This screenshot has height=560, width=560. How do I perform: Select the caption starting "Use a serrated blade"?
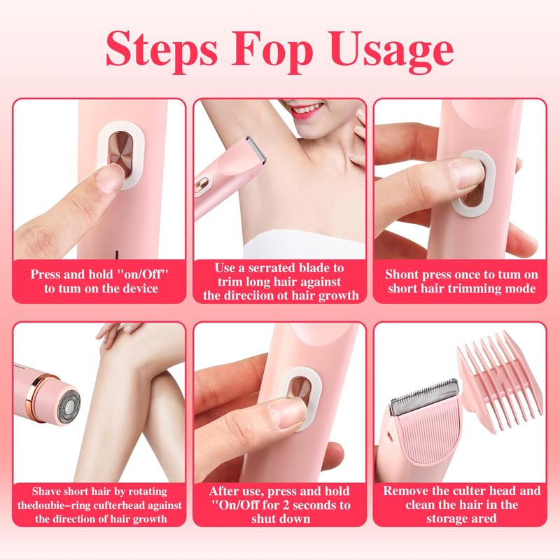coord(280,281)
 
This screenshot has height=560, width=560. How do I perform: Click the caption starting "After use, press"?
coord(280,505)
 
